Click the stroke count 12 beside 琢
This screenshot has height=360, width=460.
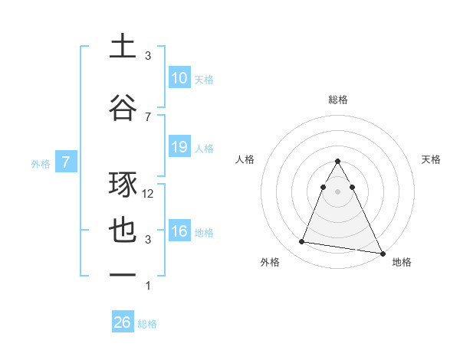coord(149,194)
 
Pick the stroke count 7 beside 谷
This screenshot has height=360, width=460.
coord(148,116)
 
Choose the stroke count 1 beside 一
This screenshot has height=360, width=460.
coord(149,286)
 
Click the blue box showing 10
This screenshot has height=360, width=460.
coord(179,78)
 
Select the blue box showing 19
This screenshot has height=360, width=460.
coord(179,147)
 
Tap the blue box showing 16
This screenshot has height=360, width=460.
coord(179,231)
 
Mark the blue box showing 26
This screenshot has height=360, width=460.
coord(123,322)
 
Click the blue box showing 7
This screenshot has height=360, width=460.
coord(66,162)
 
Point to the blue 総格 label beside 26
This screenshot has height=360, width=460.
coord(148,324)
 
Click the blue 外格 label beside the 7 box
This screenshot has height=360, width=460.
coord(41,163)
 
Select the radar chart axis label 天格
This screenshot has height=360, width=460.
coord(431,159)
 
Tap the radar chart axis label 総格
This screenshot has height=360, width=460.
coord(338,100)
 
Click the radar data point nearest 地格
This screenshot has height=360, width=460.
coord(382,251)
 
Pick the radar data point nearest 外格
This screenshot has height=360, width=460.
coord(302,242)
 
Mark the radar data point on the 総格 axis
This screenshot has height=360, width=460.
coord(338,162)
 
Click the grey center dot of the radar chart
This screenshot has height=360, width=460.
coord(338,191)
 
